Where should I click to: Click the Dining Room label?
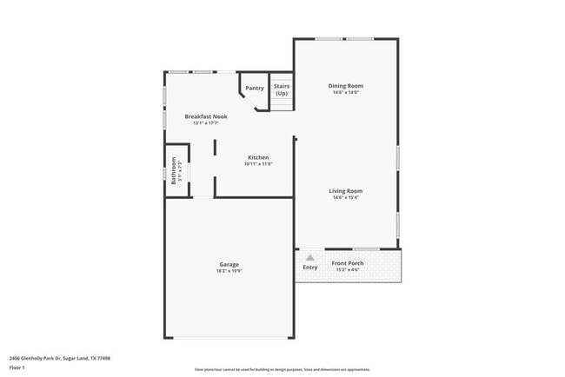tap(345, 86)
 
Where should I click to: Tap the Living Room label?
tap(345, 191)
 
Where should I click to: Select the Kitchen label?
tap(258, 157)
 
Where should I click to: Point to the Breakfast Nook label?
tap(206, 116)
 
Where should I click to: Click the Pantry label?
tap(254, 88)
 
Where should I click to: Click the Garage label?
tap(229, 264)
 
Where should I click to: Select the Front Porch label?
tap(348, 262)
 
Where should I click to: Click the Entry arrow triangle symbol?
tap(309, 257)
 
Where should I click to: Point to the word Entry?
tap(310, 268)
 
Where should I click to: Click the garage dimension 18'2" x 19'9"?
tap(229, 270)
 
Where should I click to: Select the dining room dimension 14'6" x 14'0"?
tap(345, 92)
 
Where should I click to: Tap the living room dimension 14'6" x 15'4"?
tap(345, 197)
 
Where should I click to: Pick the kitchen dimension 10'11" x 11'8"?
tap(258, 163)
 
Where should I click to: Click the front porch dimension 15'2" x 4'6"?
tap(348, 268)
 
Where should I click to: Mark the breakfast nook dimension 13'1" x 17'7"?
tap(206, 122)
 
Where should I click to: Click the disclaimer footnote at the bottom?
tap(282, 370)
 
